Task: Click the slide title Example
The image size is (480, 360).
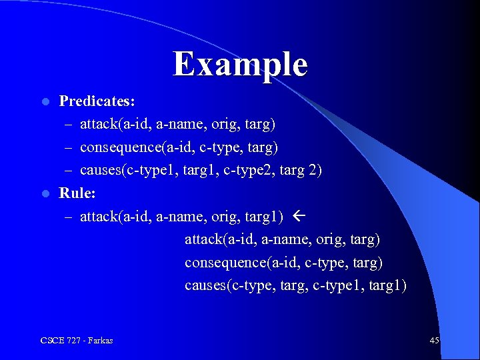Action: (240, 65)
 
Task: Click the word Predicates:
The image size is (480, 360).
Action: (97, 101)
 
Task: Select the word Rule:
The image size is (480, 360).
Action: (77, 193)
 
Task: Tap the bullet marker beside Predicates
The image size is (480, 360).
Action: (45, 102)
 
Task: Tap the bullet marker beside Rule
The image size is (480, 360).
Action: (45, 194)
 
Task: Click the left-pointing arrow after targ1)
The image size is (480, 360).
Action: (298, 216)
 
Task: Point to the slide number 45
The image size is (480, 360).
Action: (434, 341)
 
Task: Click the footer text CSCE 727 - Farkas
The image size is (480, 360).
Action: (77, 341)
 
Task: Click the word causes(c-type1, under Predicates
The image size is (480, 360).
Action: (126, 171)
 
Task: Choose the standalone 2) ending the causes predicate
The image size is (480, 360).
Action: (314, 171)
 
